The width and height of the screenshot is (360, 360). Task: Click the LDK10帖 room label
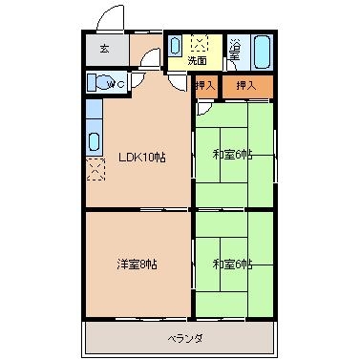point(142,158)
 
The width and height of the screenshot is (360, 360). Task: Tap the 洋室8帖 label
point(138,265)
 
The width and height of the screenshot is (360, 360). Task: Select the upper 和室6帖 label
point(233,155)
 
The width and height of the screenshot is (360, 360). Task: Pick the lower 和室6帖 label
point(233,264)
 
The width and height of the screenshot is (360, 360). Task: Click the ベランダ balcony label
point(185,339)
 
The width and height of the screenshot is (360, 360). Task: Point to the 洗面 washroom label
point(197,60)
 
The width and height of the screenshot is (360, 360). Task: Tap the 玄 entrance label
point(105,49)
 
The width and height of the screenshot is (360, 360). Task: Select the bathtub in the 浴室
point(263,53)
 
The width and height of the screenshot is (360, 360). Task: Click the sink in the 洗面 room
point(175,46)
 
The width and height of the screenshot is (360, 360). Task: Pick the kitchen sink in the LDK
point(95,141)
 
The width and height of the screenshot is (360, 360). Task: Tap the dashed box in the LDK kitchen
point(95,169)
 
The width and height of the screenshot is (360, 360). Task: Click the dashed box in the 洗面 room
point(200,43)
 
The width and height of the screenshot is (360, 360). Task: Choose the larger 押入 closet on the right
point(247,87)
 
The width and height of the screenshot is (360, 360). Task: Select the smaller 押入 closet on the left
point(206,87)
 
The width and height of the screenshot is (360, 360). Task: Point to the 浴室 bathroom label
point(235,50)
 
